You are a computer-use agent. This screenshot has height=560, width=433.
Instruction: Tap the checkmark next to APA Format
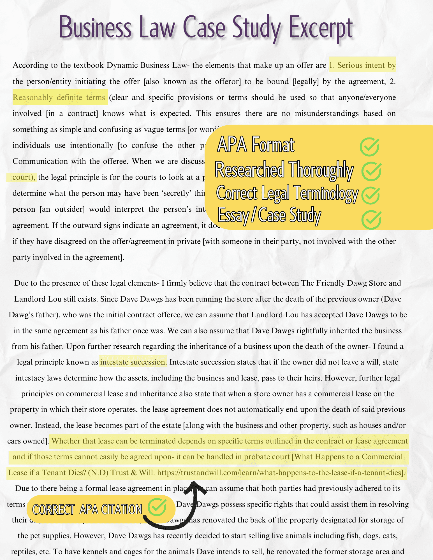369,147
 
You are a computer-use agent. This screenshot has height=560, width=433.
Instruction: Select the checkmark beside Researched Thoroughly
371,171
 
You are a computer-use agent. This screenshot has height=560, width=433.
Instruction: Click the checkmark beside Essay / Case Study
371,220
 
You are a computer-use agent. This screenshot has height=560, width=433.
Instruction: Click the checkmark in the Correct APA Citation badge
157,507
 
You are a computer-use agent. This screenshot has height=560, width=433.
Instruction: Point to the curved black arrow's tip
193,484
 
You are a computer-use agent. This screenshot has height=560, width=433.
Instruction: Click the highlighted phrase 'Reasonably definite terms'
59,97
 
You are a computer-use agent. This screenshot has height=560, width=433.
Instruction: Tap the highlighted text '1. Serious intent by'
362,65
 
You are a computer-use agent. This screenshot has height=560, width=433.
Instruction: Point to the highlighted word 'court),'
24,177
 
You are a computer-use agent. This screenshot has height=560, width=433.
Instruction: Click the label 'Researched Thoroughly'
284,170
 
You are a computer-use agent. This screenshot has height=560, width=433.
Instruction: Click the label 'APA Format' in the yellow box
256,145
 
